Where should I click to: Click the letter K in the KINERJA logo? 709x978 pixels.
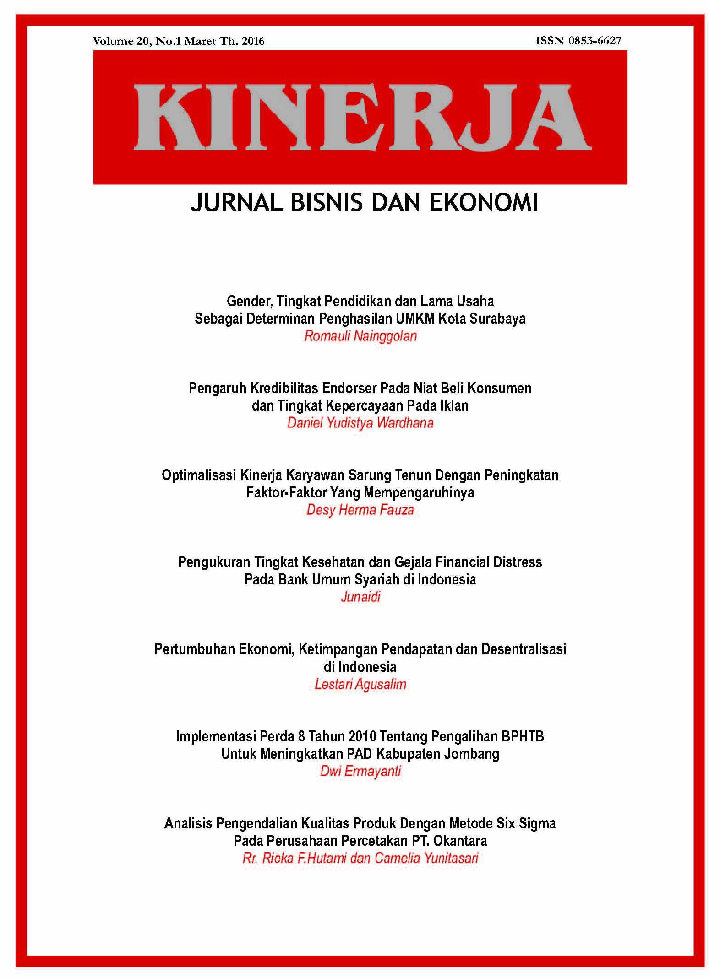pos(168,117)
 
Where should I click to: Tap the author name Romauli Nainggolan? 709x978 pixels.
pos(360,336)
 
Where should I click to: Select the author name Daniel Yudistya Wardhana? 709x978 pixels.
pos(360,423)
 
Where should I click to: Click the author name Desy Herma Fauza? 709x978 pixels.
pos(360,510)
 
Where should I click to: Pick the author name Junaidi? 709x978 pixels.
pos(360,597)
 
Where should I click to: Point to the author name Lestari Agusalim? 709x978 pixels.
pos(360,684)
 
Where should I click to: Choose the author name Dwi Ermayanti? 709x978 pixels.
pos(360,771)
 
